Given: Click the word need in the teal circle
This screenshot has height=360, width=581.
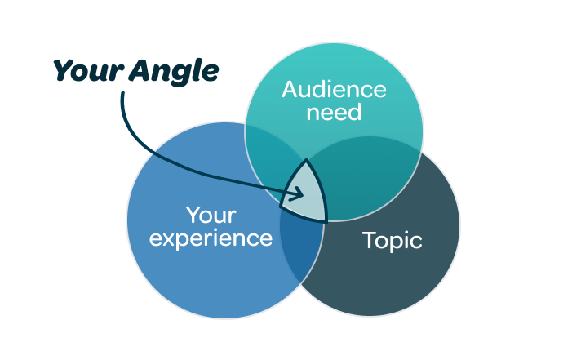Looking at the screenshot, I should tap(334, 111).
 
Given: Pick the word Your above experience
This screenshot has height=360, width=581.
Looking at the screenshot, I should tap(211, 216).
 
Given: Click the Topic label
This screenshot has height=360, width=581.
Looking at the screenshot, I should tap(392, 241).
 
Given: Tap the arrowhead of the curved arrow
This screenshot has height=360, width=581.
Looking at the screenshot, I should tap(300, 194).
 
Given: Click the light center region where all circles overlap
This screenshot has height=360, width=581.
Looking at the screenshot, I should tap(308, 193).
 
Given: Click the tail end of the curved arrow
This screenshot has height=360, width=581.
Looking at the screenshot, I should tap(124, 94).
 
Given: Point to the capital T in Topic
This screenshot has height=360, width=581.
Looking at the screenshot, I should tap(369, 240).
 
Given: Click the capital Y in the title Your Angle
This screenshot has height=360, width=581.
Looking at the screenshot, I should tap(63, 71).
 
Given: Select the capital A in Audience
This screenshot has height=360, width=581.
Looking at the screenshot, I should tap(290, 89).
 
